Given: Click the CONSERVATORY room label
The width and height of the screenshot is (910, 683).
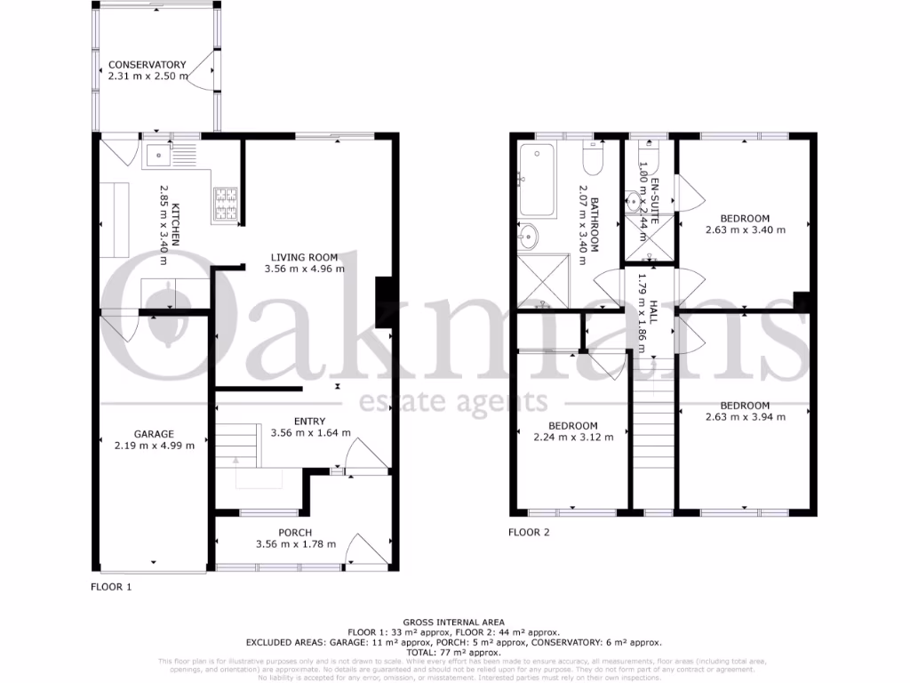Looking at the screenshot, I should click(148, 64).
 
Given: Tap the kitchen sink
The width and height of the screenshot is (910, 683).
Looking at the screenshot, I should click(160, 157).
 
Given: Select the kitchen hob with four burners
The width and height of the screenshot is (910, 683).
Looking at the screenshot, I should click(226, 204).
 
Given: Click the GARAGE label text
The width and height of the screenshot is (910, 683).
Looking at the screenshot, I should click(155, 434).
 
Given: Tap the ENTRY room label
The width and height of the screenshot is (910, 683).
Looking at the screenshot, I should click(310, 421).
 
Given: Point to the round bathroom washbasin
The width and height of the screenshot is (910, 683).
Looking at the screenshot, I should click(530, 237).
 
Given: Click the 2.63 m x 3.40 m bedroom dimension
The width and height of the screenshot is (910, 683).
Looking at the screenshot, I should click(745, 229).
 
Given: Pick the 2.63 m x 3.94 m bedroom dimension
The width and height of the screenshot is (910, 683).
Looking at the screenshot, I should click(745, 416).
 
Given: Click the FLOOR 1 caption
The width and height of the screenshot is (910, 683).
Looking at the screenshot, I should click(111, 587).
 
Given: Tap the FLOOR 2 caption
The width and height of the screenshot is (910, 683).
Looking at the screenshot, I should click(529, 534).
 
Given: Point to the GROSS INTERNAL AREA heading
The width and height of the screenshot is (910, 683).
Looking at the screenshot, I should click(454, 622).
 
